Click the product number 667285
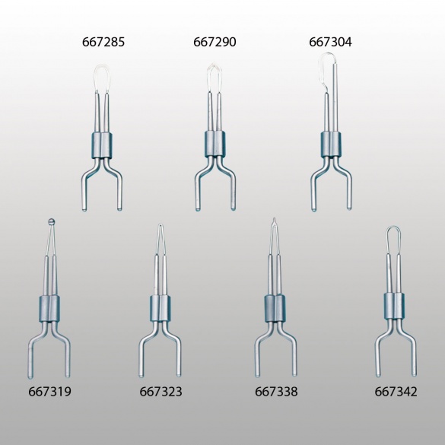(103, 42)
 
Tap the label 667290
(215, 42)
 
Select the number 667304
(330, 42)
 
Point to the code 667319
(49, 392)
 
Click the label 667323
(161, 392)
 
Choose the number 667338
(276, 392)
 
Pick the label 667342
(396, 392)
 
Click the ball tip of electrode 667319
(51, 221)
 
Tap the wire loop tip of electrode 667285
(102, 66)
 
